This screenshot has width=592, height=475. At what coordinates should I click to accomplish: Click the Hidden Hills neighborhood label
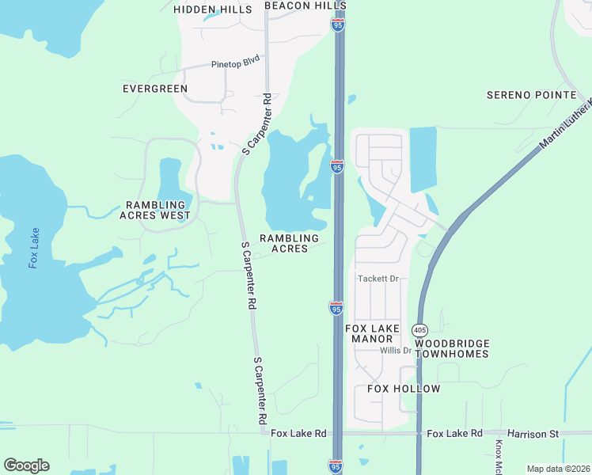coord(212,9)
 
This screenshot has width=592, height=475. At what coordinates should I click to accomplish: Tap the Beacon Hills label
coord(294,6)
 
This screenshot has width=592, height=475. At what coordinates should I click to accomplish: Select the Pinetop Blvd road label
coord(236,65)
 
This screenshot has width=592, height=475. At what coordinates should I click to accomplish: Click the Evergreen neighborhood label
coord(155,89)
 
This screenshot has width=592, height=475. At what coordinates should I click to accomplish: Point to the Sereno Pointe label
coord(531,95)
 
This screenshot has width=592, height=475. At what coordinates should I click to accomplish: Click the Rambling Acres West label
coord(155,210)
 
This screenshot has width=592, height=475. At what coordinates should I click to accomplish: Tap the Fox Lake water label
coord(34,248)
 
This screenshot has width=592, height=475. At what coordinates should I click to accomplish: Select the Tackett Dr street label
coord(381,279)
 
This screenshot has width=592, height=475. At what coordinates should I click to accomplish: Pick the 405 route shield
coord(419,329)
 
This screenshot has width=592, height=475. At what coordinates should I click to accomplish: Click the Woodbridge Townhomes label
coord(452,348)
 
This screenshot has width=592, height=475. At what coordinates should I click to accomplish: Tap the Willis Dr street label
coord(396,351)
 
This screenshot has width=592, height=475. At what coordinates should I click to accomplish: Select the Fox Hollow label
coord(404,389)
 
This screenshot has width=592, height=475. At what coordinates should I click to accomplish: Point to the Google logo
coord(26,465)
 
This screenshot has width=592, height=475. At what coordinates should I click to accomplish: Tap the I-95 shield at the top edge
coord(338,25)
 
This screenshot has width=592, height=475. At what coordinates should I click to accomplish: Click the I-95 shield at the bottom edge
coord(336,466)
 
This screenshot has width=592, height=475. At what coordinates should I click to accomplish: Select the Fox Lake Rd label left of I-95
coord(298,434)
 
